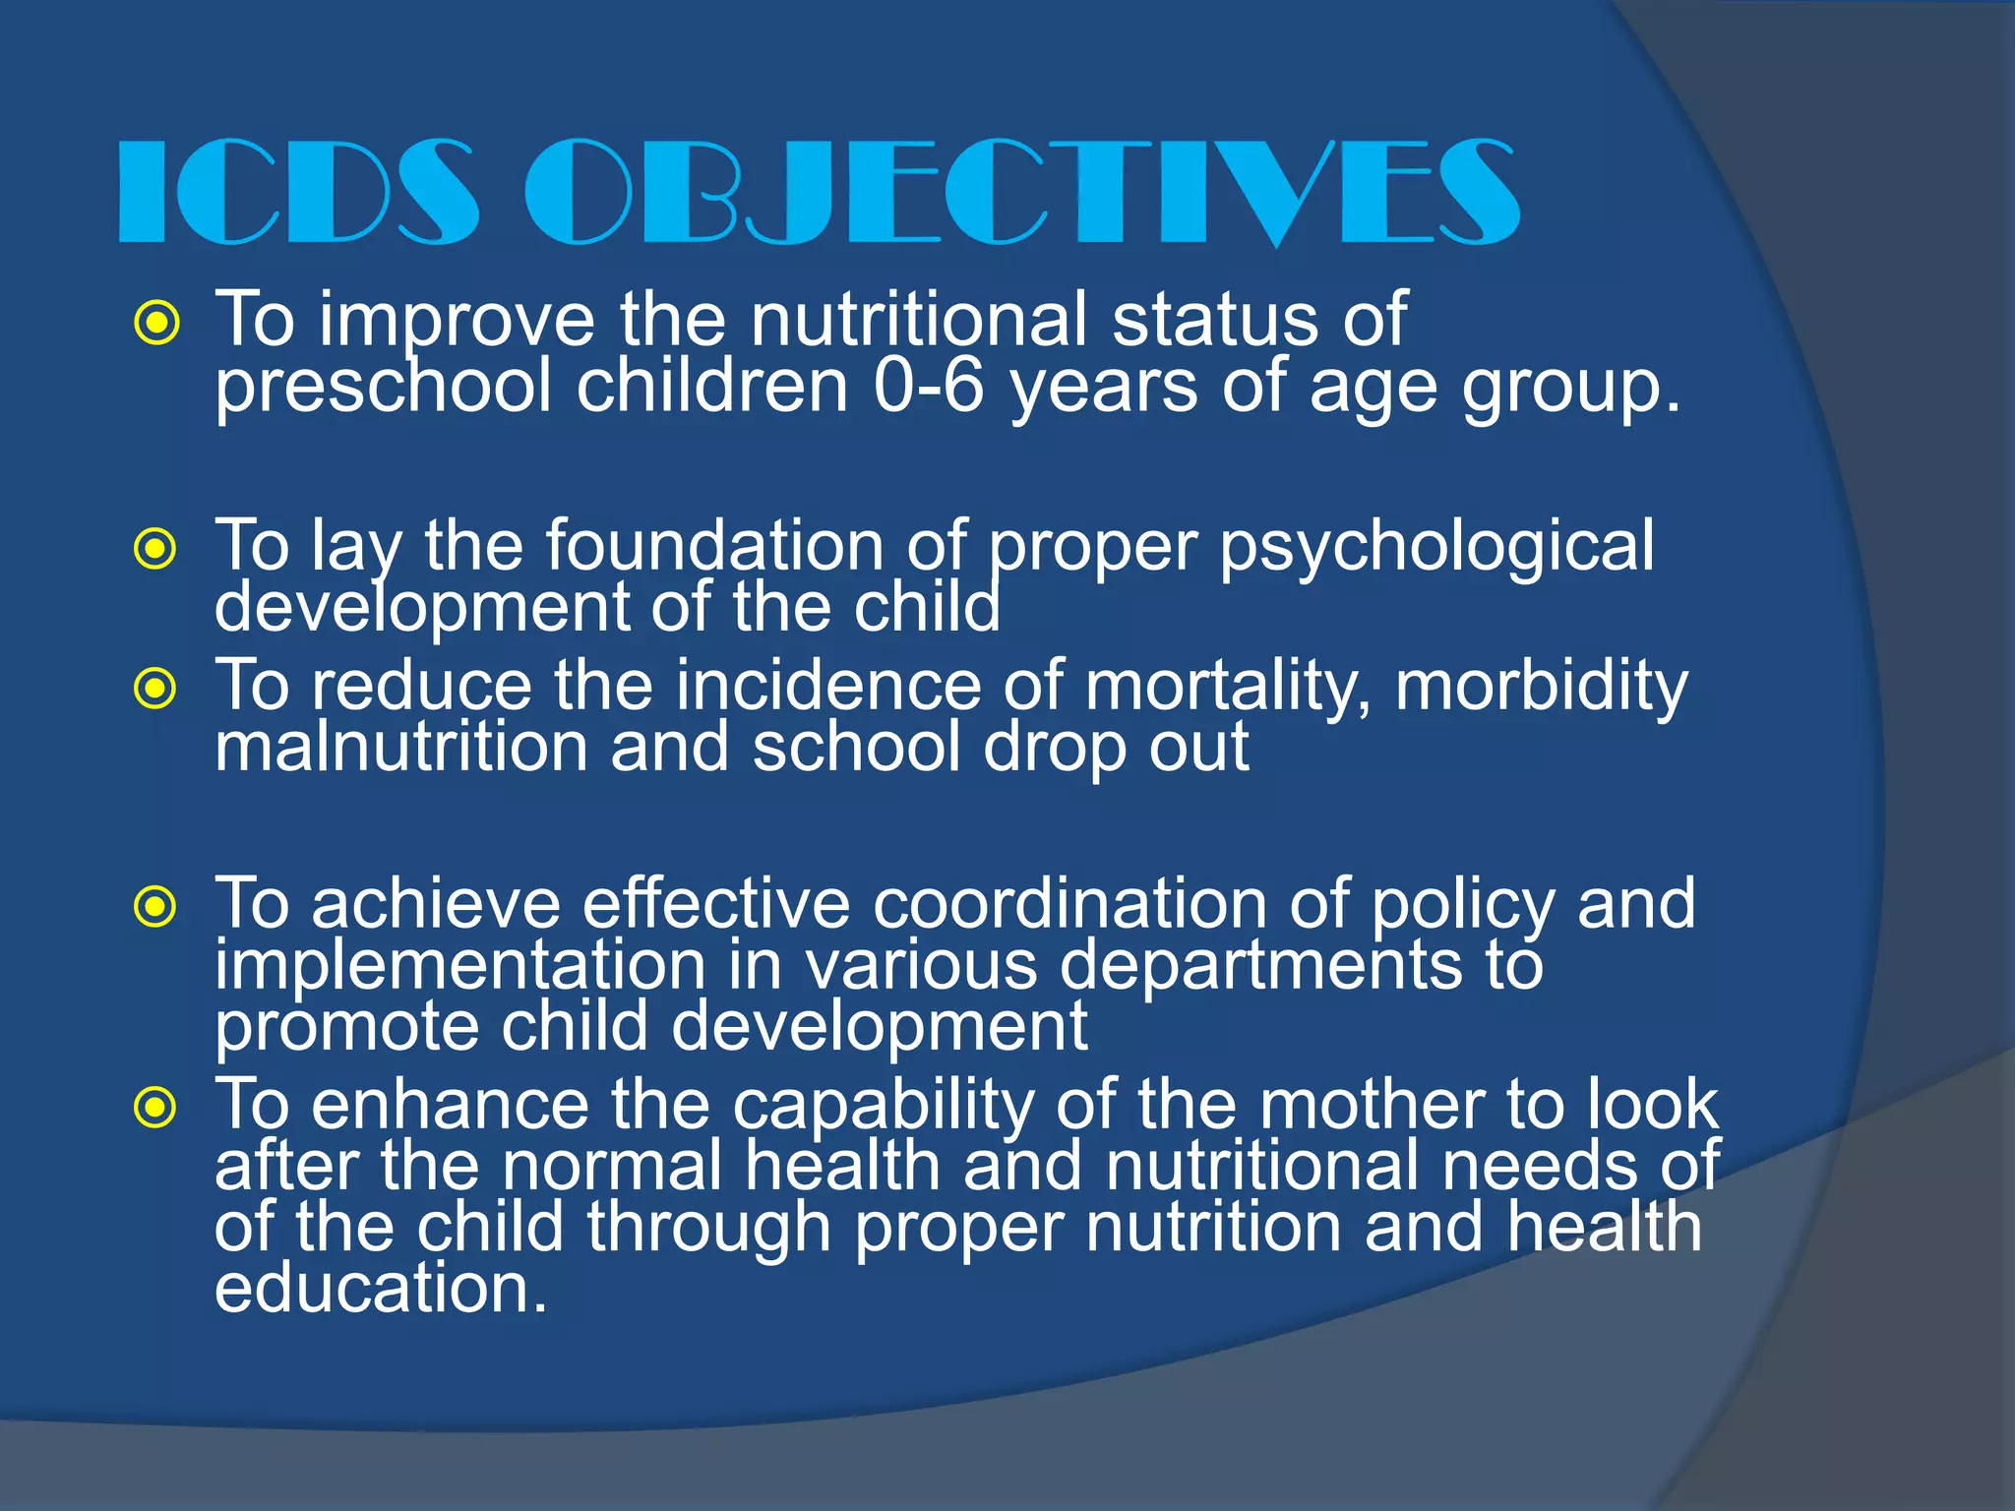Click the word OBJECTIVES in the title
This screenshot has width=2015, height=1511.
[1023, 192]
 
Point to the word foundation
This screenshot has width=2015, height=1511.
[715, 545]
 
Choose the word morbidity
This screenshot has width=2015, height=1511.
[1541, 687]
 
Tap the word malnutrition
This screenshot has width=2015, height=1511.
[399, 748]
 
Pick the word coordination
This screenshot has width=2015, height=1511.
[1069, 903]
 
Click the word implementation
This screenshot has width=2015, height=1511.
[459, 966]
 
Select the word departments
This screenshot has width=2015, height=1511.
[1260, 966]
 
